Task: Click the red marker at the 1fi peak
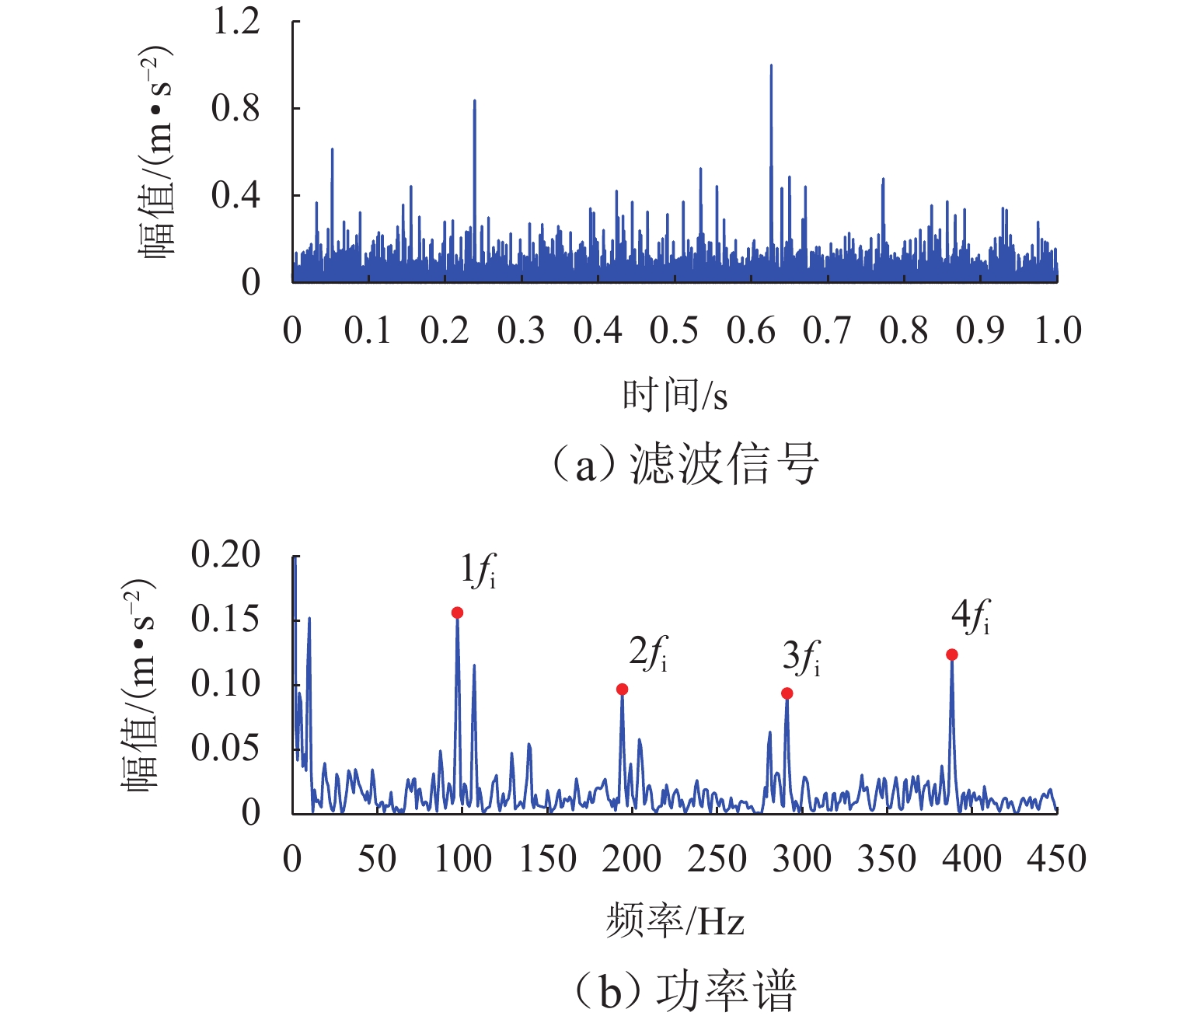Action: [457, 613]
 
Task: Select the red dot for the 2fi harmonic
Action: [622, 690]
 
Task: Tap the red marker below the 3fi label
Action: [787, 693]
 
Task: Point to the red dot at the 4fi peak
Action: [951, 655]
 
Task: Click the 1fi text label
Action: [478, 571]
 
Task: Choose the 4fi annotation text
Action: [970, 617]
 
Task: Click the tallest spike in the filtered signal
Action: [771, 67]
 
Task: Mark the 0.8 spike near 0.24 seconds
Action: [474, 102]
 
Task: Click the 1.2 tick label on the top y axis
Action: [235, 23]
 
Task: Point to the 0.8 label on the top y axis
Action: [235, 109]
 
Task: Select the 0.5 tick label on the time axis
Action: [674, 331]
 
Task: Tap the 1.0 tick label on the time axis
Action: [1057, 331]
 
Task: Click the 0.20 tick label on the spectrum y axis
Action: [225, 555]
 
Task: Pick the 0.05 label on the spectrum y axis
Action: [225, 748]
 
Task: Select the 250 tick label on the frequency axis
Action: [717, 860]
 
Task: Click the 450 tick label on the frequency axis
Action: [1056, 860]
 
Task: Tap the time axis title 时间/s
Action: [675, 396]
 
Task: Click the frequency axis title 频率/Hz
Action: [675, 922]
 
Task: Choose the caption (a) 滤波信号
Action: [684, 465]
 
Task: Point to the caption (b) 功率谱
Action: [684, 992]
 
